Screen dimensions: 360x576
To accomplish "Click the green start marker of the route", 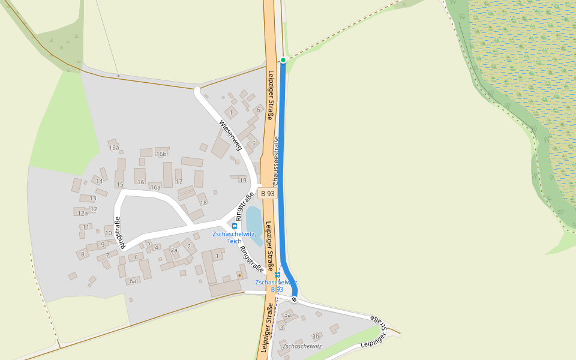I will click(283, 60).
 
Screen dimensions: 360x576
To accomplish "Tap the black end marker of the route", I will click(294, 299).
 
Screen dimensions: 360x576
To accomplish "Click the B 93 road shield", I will click(268, 193).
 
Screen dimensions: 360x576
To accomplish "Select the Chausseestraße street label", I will click(276, 161).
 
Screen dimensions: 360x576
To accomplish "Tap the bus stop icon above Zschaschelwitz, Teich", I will click(235, 226).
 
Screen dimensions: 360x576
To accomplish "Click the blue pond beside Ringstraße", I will click(253, 225).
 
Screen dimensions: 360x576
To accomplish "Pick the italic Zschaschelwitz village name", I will click(302, 346).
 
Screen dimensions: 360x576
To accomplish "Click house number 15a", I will click(114, 148).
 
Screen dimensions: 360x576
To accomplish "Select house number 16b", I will click(161, 154).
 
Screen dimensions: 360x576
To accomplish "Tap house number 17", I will click(179, 181).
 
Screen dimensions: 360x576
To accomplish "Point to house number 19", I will click(243, 180).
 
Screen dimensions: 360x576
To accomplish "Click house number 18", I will click(203, 203).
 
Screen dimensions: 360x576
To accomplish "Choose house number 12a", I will click(83, 213).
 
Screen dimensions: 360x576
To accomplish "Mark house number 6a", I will click(133, 281).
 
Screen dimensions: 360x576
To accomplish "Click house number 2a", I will click(174, 250).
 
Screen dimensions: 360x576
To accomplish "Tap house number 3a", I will click(287, 315).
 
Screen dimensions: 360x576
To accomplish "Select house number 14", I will click(99, 181).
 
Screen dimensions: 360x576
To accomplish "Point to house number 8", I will click(82, 254).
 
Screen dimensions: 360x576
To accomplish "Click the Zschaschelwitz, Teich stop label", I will click(234, 237).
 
